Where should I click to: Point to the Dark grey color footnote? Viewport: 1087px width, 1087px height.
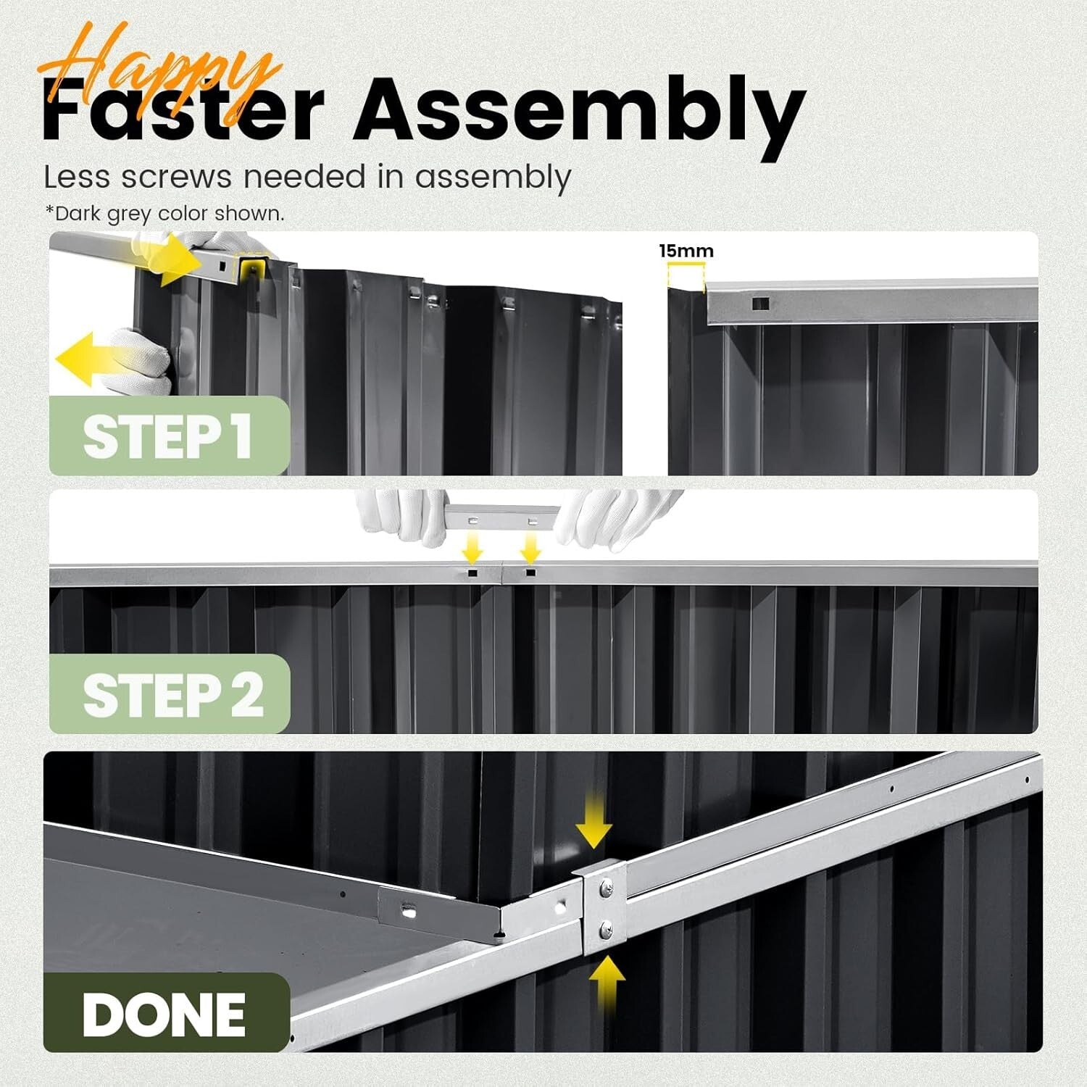[164, 214]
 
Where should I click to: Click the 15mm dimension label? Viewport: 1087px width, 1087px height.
[686, 251]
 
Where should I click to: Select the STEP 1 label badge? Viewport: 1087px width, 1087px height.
[168, 436]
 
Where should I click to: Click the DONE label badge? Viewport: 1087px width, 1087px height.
[165, 1013]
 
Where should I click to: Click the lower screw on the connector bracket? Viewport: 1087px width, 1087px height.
[606, 926]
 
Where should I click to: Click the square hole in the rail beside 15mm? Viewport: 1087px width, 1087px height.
[759, 304]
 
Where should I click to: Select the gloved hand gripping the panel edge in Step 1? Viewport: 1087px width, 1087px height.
[145, 359]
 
